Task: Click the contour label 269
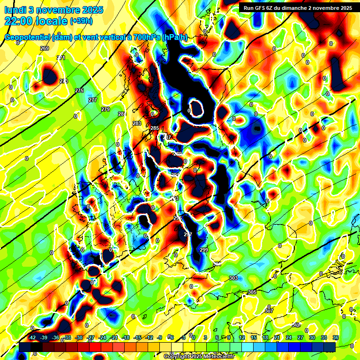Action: click(x=45, y=48)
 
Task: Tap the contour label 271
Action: click(x=61, y=58)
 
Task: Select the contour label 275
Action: click(x=79, y=90)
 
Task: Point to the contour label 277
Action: click(x=93, y=100)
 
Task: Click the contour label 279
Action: click(x=105, y=109)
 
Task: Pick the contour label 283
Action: click(x=137, y=123)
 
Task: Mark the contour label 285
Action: click(x=155, y=128)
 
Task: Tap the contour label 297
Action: click(x=188, y=234)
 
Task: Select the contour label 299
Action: click(x=204, y=250)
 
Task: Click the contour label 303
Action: click(x=233, y=278)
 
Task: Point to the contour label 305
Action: click(x=252, y=292)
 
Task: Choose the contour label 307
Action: click(x=269, y=311)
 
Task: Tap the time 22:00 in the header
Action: click(x=21, y=21)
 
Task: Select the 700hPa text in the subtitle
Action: click(x=145, y=37)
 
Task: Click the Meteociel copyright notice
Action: click(x=199, y=357)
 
